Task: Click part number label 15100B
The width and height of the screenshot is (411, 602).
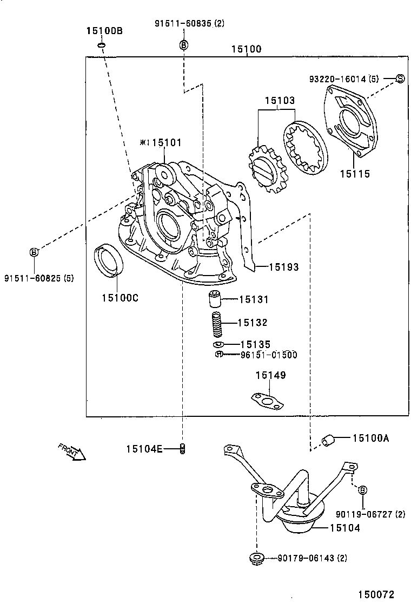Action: [x=104, y=31]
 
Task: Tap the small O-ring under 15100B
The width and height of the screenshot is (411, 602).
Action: [x=101, y=46]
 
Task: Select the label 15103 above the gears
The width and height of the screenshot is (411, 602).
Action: [x=280, y=101]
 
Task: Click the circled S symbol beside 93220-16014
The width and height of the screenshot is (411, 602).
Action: [x=400, y=78]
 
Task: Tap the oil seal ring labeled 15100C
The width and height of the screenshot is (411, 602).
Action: [x=109, y=259]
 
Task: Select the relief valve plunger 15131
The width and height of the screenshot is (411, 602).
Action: [x=215, y=299]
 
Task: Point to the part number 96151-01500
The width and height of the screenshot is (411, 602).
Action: [x=269, y=355]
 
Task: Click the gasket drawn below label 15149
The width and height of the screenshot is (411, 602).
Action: [x=268, y=400]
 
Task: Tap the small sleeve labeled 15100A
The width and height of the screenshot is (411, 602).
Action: [x=327, y=440]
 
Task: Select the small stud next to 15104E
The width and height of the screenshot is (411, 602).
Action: [x=182, y=448]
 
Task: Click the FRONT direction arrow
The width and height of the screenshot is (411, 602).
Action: [x=72, y=452]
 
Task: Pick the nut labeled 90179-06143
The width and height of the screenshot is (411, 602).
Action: [x=255, y=558]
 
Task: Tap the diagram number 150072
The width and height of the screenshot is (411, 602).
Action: [x=376, y=594]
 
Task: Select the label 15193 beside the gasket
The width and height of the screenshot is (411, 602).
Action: [x=284, y=267]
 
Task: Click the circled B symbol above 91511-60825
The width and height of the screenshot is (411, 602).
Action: [x=35, y=252]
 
